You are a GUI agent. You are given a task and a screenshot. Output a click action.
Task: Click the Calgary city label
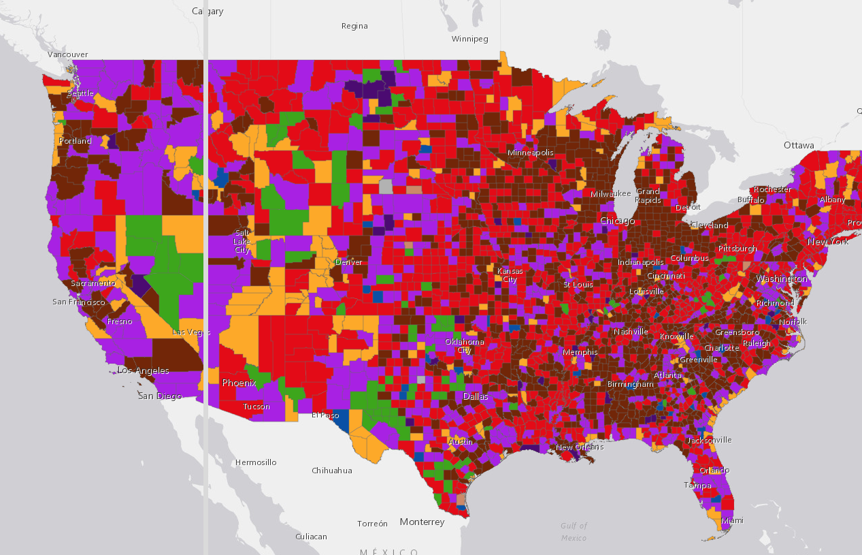[x=208, y=11]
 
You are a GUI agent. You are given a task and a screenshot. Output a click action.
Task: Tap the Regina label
[x=354, y=26]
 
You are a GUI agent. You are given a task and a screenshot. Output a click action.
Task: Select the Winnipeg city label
[x=470, y=39]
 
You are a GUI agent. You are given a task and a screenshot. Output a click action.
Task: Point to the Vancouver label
[x=68, y=54]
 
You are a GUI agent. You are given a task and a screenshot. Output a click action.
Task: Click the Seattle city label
[x=80, y=93]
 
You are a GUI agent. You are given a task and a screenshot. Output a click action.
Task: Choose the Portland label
[x=75, y=141]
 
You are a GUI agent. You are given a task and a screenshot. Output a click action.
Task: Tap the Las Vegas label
[x=191, y=332]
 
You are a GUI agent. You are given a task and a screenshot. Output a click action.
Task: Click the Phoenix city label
[x=239, y=383]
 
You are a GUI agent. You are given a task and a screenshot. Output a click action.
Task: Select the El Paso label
[x=325, y=415]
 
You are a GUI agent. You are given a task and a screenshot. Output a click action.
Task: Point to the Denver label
[x=348, y=262]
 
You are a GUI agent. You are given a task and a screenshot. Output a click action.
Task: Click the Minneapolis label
[x=530, y=153]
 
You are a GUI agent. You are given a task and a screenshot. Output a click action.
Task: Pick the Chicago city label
[x=617, y=221]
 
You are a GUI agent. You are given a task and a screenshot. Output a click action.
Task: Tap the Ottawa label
[x=799, y=145]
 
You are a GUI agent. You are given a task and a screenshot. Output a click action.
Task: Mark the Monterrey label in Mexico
[x=422, y=522]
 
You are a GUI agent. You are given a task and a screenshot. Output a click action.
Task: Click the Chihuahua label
[x=332, y=471]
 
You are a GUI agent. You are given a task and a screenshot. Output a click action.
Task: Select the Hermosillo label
[x=256, y=462]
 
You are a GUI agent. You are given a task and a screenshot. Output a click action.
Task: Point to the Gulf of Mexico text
[x=574, y=531]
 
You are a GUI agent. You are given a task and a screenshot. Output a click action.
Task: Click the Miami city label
[x=732, y=520]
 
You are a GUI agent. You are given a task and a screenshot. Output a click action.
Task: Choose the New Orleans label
[x=580, y=447]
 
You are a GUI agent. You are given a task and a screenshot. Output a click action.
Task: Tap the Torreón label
[x=372, y=524]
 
